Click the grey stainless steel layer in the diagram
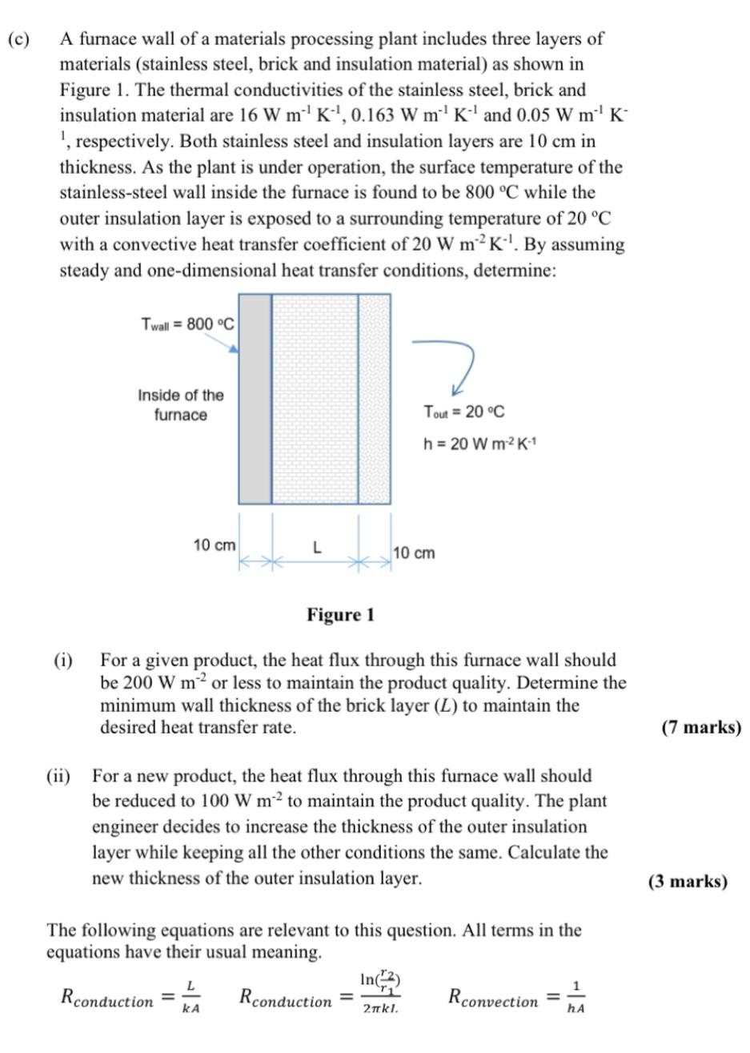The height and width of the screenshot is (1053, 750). (x=255, y=399)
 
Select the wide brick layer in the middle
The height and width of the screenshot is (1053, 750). (x=315, y=399)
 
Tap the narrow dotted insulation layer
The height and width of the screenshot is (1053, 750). (x=374, y=399)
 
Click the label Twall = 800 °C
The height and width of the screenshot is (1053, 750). (x=187, y=324)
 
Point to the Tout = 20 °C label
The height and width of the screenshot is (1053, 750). (x=464, y=412)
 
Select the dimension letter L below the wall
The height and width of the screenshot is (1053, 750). (x=317, y=548)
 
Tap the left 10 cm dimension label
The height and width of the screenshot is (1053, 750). (x=215, y=545)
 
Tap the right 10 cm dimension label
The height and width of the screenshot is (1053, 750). (x=415, y=553)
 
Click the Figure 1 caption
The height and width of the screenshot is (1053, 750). (x=340, y=615)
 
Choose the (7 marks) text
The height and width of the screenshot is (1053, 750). (x=701, y=728)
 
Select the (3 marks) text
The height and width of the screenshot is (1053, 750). (x=688, y=882)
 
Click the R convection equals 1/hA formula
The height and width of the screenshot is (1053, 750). (x=516, y=998)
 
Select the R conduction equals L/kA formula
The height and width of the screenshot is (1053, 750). (x=130, y=998)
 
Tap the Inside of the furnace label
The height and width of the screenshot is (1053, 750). (x=181, y=404)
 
